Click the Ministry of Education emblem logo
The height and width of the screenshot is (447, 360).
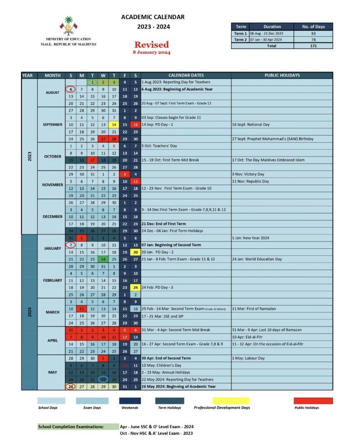pyautogui.click(x=68, y=26)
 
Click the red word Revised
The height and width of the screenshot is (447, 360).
pyautogui.click(x=151, y=45)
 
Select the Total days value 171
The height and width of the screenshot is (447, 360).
pyautogui.click(x=313, y=46)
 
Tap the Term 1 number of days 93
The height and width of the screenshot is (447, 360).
pyautogui.click(x=313, y=34)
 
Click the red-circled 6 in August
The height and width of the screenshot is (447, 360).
pyautogui.click(x=71, y=89)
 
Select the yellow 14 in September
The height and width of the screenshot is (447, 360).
pyautogui.click(x=114, y=124)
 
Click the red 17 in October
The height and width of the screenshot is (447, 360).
pyautogui.click(x=92, y=160)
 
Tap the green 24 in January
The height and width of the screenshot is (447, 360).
pyautogui.click(x=103, y=259)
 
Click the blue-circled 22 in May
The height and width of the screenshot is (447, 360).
pyautogui.click(x=103, y=379)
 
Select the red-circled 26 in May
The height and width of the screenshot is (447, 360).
pyautogui.click(x=71, y=386)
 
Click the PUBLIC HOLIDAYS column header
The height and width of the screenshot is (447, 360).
pyautogui.click(x=282, y=75)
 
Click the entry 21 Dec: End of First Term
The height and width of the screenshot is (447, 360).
pyautogui.click(x=163, y=223)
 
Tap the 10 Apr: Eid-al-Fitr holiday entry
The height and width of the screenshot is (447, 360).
pyautogui.click(x=248, y=337)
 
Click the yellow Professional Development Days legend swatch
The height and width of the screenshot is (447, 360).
pyautogui.click(x=231, y=401)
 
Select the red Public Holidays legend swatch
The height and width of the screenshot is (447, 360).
pyautogui.click(x=313, y=401)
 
